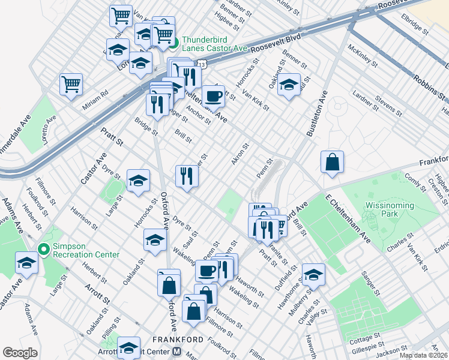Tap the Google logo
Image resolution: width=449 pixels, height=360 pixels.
tap(20, 353)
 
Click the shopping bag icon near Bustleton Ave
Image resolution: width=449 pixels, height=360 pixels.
tap(332, 163)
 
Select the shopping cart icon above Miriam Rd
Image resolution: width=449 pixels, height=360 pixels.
tap(71, 84)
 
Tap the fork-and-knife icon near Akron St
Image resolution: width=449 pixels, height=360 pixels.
tap(187, 176)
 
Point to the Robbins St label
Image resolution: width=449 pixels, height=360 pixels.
tap(429, 85)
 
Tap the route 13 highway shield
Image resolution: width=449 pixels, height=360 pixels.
tap(202, 64)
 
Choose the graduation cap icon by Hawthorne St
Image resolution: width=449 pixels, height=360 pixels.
tap(313, 274)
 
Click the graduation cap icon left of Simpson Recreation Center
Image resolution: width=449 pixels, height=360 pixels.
tap(26, 263)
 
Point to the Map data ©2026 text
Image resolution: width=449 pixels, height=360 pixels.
tap(423, 355)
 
